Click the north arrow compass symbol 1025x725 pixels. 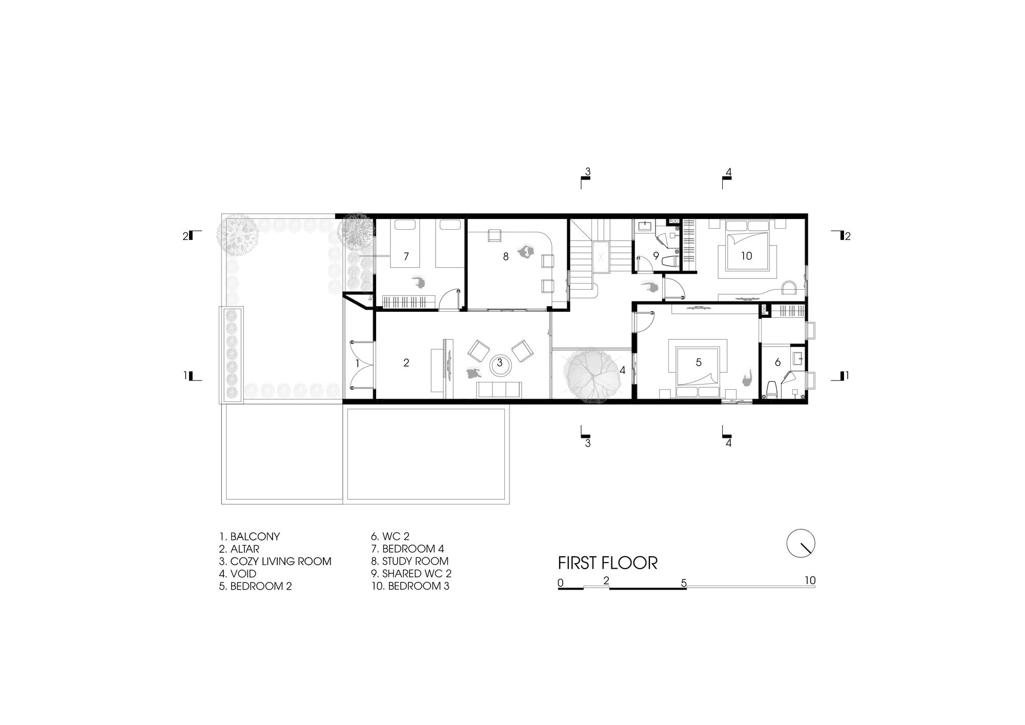[801, 543]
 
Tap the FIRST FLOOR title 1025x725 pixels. [607, 563]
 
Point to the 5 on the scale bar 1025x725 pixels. [684, 583]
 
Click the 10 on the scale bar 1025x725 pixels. [810, 580]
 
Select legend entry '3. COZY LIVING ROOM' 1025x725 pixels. [275, 561]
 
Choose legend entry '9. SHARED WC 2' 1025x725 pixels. [412, 574]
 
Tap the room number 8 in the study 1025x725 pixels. [506, 256]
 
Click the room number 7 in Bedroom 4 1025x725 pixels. [406, 256]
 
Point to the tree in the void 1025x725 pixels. [592, 373]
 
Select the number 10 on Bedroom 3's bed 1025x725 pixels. [746, 255]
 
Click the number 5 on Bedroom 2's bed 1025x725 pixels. [699, 362]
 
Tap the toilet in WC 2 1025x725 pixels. [772, 390]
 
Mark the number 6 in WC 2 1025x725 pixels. [777, 362]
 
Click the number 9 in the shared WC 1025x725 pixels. [655, 255]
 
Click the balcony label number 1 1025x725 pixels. [358, 363]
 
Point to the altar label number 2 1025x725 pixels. [406, 362]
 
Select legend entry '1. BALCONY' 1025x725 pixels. [250, 537]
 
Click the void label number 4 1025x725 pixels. [623, 370]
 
